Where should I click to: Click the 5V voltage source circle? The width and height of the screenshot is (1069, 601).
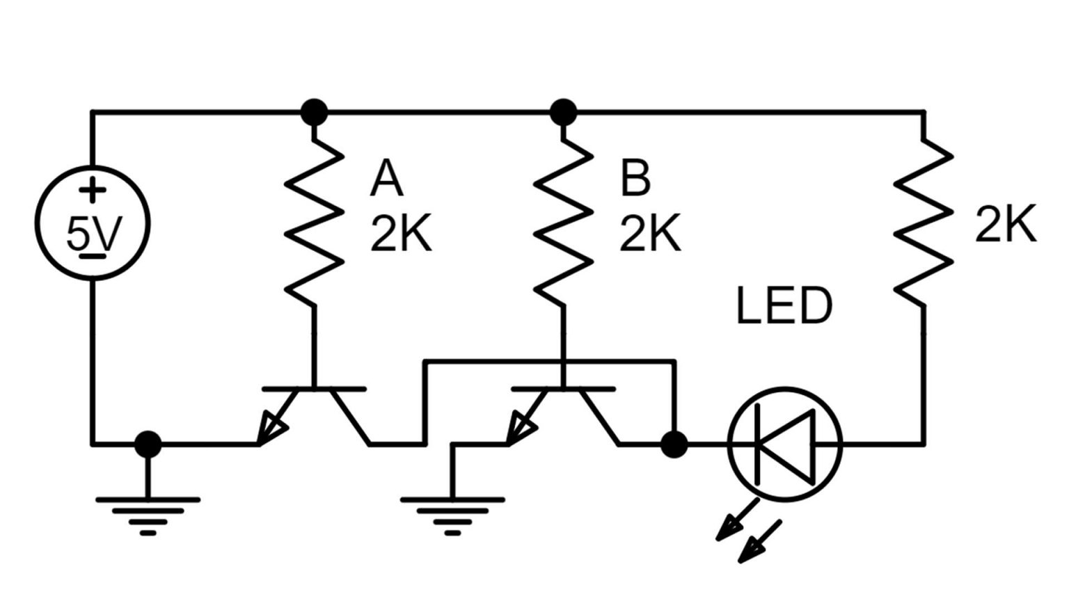pyautogui.click(x=92, y=223)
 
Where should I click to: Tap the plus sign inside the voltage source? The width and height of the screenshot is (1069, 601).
pyautogui.click(x=92, y=190)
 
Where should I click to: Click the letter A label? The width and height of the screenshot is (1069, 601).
pyautogui.click(x=386, y=179)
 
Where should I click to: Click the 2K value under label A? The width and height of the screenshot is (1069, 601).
pyautogui.click(x=400, y=233)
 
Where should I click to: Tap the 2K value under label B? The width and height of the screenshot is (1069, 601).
pyautogui.click(x=650, y=233)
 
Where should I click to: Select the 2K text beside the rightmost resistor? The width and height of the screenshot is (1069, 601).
pyautogui.click(x=1005, y=224)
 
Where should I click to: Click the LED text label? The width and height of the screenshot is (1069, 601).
pyautogui.click(x=784, y=306)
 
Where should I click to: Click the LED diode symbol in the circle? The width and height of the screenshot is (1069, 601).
pyautogui.click(x=785, y=444)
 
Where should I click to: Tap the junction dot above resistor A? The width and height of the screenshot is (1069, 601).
pyautogui.click(x=314, y=111)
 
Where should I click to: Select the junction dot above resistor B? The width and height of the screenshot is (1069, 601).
pyautogui.click(x=563, y=111)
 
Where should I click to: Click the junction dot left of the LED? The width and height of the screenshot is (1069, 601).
pyautogui.click(x=673, y=444)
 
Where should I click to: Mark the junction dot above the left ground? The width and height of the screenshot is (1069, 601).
pyautogui.click(x=148, y=444)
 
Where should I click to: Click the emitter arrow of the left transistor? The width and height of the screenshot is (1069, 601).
pyautogui.click(x=273, y=428)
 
